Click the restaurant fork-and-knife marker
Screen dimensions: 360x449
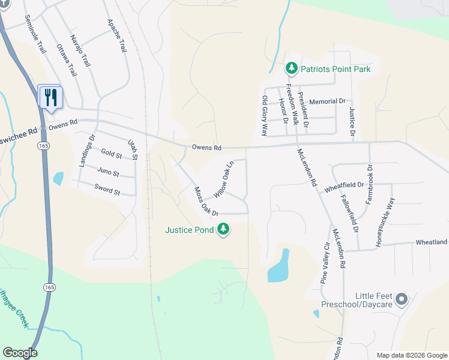pos(50,97)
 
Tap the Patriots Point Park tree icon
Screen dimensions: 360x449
pos(291,68)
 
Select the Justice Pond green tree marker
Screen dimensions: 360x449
pos(223,229)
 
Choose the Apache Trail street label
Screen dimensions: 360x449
pos(117,35)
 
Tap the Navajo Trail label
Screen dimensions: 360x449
pos(80,50)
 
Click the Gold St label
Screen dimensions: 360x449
pos(112,155)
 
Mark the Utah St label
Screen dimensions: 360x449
pos(133,149)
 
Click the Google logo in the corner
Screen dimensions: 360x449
pos(20,353)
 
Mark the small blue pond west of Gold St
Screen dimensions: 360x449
pos(58,178)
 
